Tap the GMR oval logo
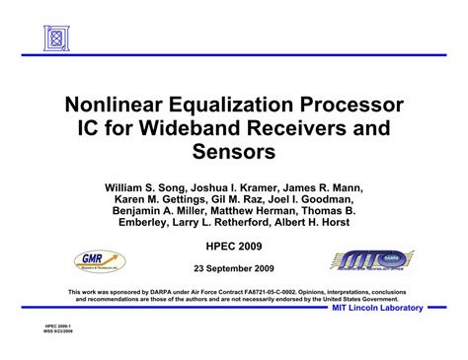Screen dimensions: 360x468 click(x=100, y=261)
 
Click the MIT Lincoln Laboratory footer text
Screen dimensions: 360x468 click(x=376, y=309)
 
